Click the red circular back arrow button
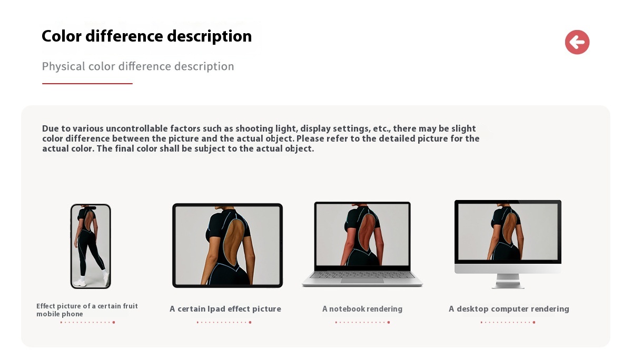(577, 42)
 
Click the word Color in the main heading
(62, 36)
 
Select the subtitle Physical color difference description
(138, 66)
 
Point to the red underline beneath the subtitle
(87, 84)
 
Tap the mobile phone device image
(91, 246)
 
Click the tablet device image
(228, 245)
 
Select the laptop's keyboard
(362, 275)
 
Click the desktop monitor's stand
(508, 281)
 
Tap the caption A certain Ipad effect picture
(225, 309)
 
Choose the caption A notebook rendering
(362, 309)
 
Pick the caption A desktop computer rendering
(509, 309)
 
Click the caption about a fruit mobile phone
(87, 310)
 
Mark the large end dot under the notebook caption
(389, 322)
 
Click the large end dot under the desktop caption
(534, 322)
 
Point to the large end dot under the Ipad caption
(250, 322)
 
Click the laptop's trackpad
(362, 281)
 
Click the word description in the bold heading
(210, 37)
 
